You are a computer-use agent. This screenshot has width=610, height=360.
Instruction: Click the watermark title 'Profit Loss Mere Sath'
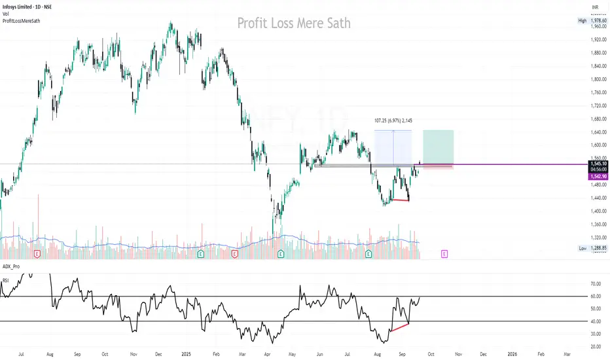click(x=293, y=24)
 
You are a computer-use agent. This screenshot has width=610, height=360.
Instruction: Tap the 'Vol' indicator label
click(x=6, y=14)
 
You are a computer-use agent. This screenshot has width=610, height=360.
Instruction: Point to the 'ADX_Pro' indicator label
click(x=12, y=267)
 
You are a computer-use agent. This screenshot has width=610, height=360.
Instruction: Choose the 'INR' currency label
click(x=595, y=7)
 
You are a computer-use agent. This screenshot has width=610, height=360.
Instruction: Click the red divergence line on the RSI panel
click(x=399, y=327)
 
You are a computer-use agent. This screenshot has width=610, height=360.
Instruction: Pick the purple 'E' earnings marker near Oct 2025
click(x=444, y=253)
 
